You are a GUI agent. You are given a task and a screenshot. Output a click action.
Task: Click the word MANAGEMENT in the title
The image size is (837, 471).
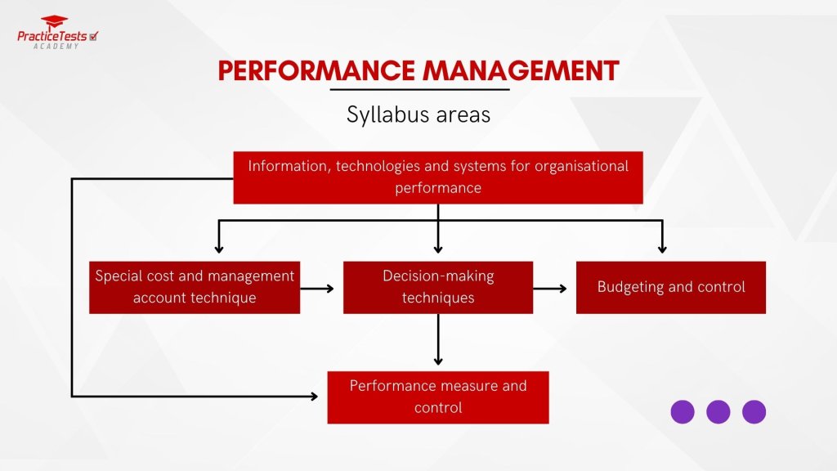click(x=521, y=71)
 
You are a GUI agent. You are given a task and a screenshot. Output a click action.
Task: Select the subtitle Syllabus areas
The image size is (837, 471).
click(x=418, y=114)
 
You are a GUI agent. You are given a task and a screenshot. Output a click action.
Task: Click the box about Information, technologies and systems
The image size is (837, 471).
click(x=438, y=177)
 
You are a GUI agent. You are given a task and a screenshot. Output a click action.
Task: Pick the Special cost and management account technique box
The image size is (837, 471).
click(x=195, y=287)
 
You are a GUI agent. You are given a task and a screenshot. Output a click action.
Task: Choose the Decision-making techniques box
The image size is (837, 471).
click(x=438, y=287)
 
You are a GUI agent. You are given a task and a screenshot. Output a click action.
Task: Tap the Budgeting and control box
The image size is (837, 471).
click(x=670, y=287)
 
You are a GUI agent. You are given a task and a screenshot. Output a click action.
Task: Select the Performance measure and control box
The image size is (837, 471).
click(x=438, y=397)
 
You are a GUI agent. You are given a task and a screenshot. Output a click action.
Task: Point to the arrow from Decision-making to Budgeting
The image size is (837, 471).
click(x=552, y=288)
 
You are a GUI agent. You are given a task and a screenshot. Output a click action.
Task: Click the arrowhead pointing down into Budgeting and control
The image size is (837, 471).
click(x=662, y=248)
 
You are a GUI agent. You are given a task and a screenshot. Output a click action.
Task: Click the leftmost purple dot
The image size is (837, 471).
click(x=683, y=411)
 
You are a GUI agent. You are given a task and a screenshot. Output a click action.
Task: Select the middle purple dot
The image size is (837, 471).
click(x=718, y=411)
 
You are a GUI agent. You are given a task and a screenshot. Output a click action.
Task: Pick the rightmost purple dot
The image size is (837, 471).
click(x=754, y=411)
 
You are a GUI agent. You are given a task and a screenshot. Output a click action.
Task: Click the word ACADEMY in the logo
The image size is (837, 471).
click(x=56, y=46)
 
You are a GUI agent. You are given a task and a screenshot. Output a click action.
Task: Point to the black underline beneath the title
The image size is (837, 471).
click(x=419, y=89)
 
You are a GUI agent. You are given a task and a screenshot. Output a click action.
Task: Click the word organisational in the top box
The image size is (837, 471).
click(x=581, y=166)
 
